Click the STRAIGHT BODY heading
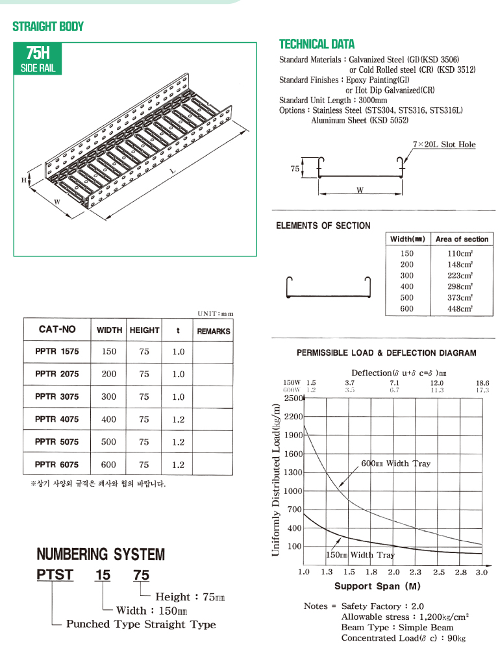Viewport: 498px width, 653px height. tap(48, 27)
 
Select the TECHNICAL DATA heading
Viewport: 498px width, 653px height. tap(316, 44)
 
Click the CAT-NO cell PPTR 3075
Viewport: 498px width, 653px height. tap(56, 397)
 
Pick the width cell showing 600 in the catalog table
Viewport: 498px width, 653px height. tap(109, 465)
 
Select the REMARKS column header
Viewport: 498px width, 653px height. tap(214, 331)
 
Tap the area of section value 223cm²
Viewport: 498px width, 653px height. tap(460, 276)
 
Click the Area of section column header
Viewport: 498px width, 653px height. tap(462, 240)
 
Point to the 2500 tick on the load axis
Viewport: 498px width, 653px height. tap(293, 399)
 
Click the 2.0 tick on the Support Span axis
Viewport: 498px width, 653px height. tap(393, 572)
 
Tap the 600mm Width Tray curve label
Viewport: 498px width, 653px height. tap(395, 463)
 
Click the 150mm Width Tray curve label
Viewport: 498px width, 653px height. tap(360, 555)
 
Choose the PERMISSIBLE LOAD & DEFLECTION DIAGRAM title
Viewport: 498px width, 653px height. tap(386, 353)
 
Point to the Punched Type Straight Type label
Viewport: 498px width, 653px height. tap(141, 624)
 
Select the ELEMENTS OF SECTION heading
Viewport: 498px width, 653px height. tap(323, 225)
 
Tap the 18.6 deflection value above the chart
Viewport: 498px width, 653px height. tap(482, 383)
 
